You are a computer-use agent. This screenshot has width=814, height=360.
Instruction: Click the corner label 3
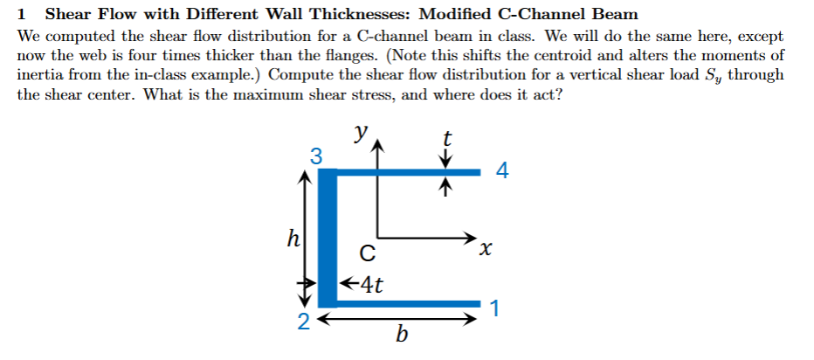316,157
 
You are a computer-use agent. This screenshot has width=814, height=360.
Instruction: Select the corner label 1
495,308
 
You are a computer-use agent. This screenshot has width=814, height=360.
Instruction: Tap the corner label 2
303,321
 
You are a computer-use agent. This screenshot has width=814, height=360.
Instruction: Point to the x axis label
485,251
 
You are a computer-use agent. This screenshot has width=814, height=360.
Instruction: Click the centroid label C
368,255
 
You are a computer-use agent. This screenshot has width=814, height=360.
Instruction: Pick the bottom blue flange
410,304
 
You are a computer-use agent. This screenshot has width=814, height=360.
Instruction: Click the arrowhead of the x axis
473,238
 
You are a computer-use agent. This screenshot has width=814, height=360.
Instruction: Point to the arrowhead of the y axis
376,148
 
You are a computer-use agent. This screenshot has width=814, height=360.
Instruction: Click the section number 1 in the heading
21,15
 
